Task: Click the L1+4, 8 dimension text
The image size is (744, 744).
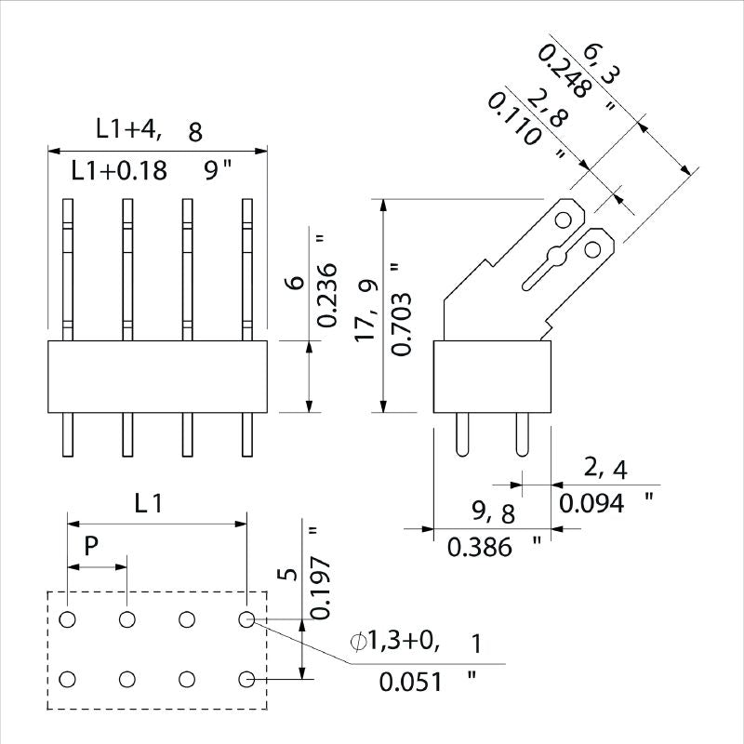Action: (x=149, y=131)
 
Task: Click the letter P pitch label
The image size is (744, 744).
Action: (x=91, y=546)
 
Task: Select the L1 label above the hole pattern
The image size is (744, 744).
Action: (x=149, y=505)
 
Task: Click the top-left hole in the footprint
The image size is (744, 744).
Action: (x=68, y=619)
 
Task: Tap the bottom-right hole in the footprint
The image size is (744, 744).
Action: (x=246, y=680)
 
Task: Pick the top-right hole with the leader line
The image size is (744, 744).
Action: (x=246, y=619)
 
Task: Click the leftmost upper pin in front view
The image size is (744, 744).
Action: (x=68, y=268)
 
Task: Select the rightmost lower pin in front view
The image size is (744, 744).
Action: (x=247, y=435)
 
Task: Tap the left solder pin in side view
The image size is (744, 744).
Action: (x=464, y=433)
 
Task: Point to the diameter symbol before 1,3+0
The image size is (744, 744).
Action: (x=359, y=642)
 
